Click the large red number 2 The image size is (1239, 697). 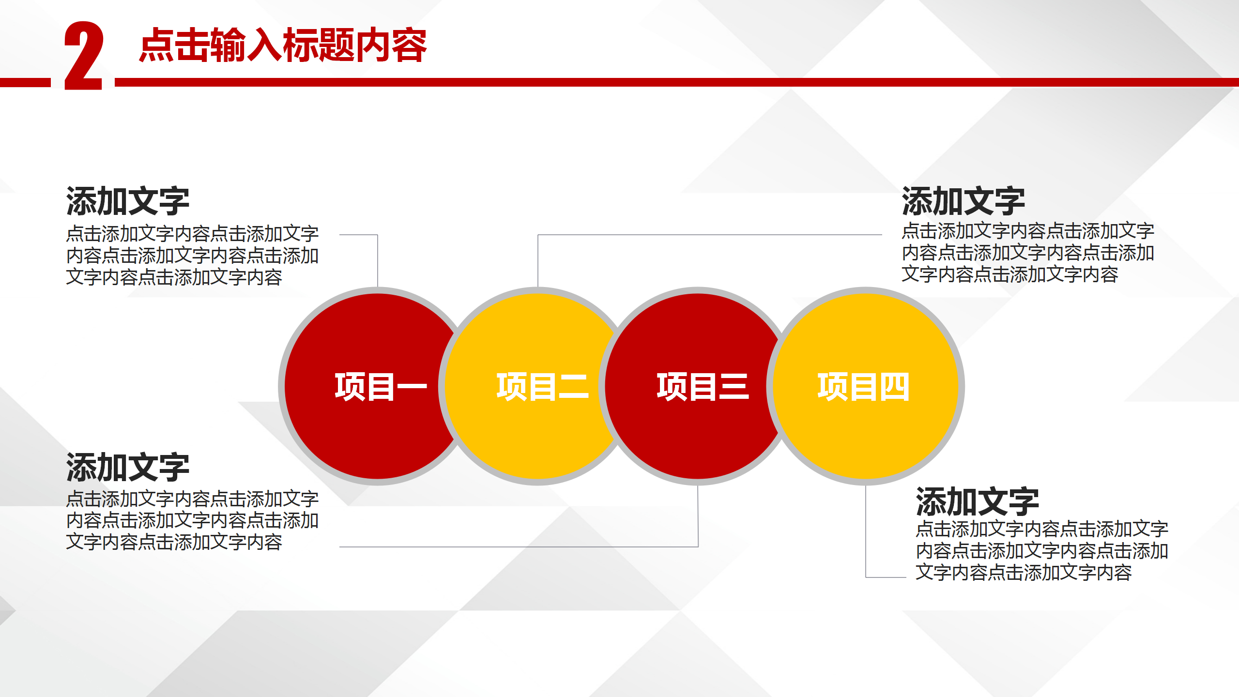(x=84, y=56)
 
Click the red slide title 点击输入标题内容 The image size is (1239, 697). (x=283, y=45)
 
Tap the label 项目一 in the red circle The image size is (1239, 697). (x=381, y=387)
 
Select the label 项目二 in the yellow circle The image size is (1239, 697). (x=542, y=387)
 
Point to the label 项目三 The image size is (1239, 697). (x=703, y=387)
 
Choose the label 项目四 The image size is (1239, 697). (x=863, y=387)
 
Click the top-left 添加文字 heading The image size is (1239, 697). (x=128, y=201)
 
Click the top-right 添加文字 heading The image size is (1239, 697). (x=964, y=201)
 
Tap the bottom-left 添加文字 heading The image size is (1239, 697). (x=128, y=468)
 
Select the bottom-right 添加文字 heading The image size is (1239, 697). (x=978, y=502)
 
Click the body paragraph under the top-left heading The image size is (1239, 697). (x=192, y=255)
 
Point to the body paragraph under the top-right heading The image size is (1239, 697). (x=1028, y=253)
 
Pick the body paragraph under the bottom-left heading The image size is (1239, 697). (x=192, y=520)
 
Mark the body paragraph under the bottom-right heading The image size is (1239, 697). (x=1042, y=551)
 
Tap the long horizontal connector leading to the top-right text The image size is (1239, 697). (x=710, y=235)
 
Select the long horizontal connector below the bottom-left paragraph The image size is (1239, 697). (x=519, y=547)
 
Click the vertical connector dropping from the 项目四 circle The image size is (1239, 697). (x=866, y=531)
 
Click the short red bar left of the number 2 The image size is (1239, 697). (x=25, y=82)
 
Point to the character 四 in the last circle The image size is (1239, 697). (x=894, y=387)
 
